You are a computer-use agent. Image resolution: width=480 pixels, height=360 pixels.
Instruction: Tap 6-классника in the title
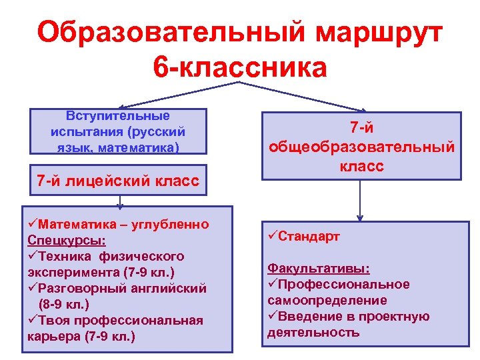(x=240, y=67)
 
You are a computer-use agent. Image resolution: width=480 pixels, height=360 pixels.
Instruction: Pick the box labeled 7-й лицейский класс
(x=118, y=181)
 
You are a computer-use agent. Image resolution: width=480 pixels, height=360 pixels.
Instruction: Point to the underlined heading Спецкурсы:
(x=66, y=240)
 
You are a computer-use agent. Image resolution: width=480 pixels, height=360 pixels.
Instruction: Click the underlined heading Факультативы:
(x=319, y=269)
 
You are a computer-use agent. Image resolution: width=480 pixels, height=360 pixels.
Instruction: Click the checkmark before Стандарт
(x=272, y=236)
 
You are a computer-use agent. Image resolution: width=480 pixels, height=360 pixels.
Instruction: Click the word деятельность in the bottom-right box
(x=313, y=332)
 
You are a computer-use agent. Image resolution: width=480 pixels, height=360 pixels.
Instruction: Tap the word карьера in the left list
(x=54, y=336)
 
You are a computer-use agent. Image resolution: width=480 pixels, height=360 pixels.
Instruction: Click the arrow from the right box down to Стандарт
(x=360, y=200)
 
